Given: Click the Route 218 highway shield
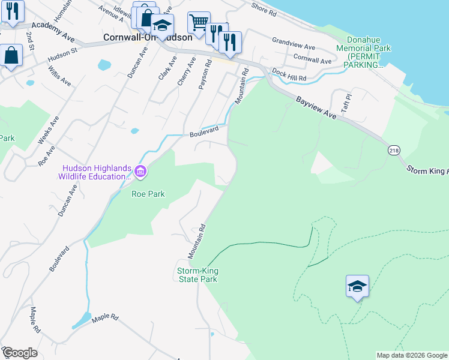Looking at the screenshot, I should pos(394,150).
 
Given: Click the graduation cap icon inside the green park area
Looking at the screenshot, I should pos(357,286).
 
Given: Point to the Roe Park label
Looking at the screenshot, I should pos(148,194).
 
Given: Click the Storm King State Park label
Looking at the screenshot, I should pos(197,275).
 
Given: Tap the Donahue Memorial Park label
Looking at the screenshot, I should pos(363,56).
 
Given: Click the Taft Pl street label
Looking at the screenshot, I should pos(346,99).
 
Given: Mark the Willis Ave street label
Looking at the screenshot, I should pos(61,77).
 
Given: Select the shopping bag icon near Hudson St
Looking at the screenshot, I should pos(11,56).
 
